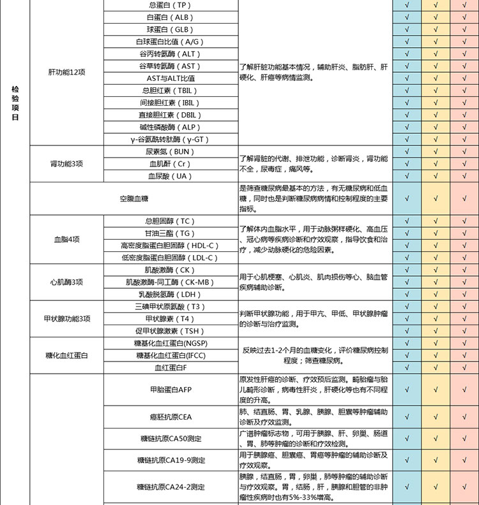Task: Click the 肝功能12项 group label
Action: (x=66, y=72)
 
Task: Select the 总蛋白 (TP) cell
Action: (x=170, y=5)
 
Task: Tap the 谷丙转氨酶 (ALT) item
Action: (x=170, y=54)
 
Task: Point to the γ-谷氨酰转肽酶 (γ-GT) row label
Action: (x=170, y=140)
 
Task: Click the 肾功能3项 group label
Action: (x=66, y=164)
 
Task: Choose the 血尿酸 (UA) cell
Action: (x=170, y=176)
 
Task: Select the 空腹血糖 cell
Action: (x=133, y=199)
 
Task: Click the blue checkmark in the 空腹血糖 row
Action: (x=407, y=199)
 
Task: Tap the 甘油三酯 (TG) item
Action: (x=170, y=233)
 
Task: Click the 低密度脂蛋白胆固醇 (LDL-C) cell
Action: (x=170, y=258)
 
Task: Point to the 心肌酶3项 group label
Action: (x=66, y=282)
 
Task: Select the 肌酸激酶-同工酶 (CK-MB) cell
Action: (x=170, y=282)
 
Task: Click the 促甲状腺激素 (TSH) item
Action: (x=170, y=331)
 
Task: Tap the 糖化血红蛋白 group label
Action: (x=66, y=355)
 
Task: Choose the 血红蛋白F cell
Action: (x=170, y=367)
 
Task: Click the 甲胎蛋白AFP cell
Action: (x=170, y=389)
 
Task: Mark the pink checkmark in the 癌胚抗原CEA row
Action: (x=460, y=417)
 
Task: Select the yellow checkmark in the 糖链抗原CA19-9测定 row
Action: (x=435, y=459)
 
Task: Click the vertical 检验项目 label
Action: (x=15, y=104)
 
